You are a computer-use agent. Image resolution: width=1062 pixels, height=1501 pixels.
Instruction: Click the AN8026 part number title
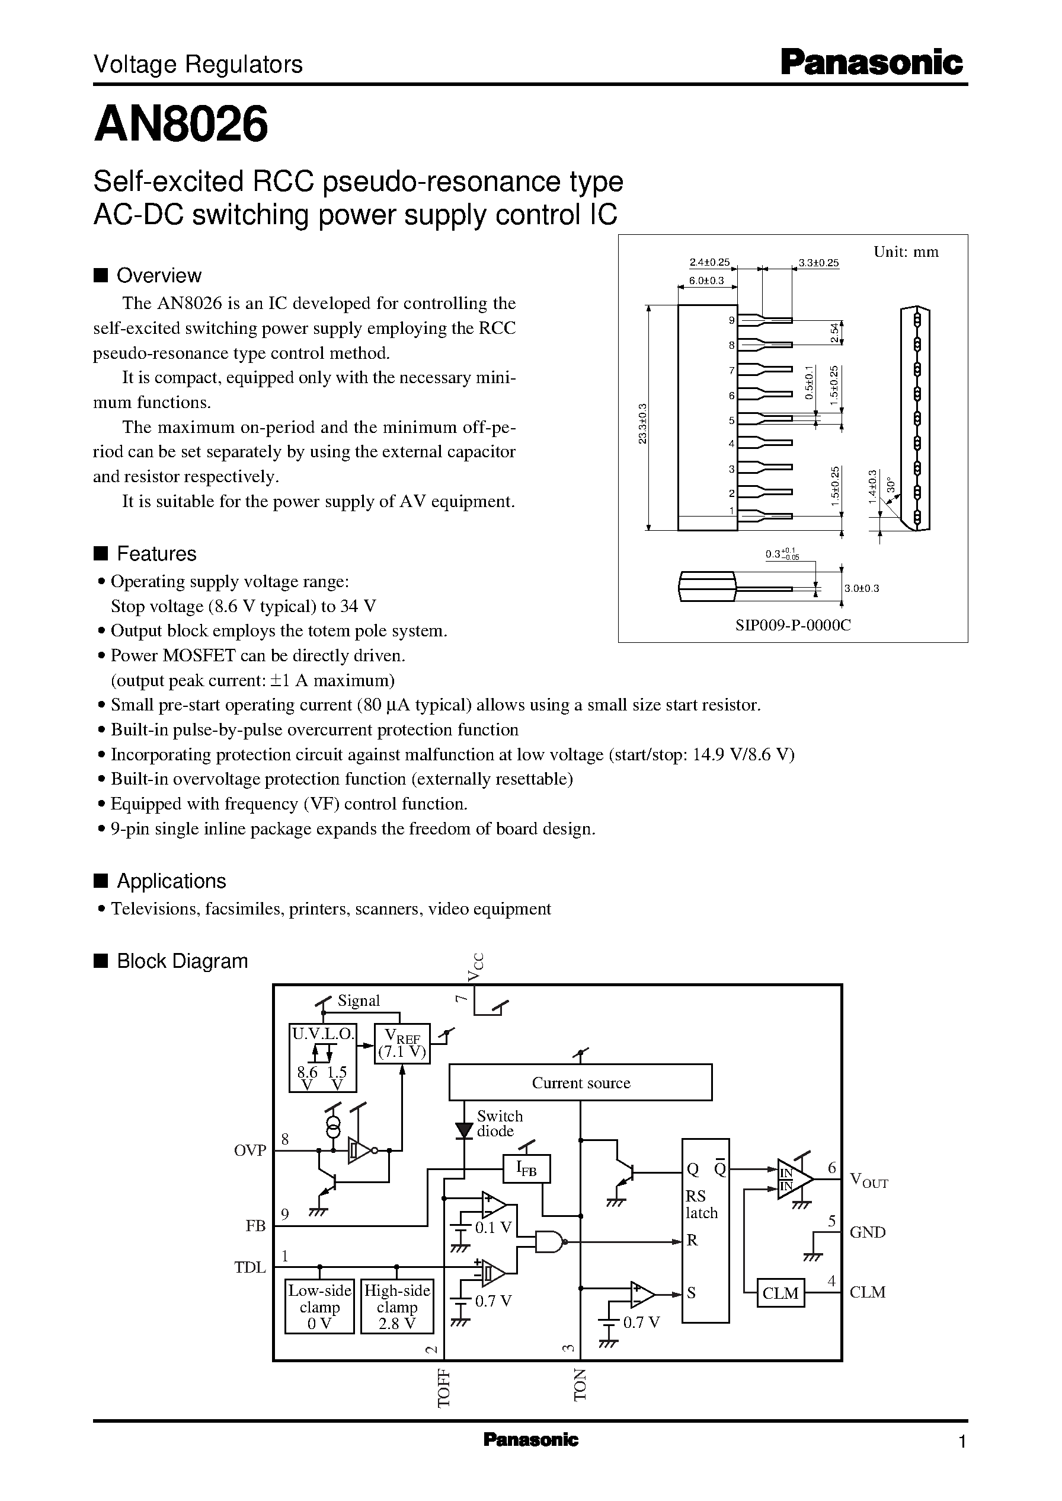(181, 125)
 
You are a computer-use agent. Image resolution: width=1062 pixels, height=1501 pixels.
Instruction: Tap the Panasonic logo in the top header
(872, 63)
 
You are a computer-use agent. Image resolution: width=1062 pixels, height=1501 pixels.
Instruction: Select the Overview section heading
(158, 275)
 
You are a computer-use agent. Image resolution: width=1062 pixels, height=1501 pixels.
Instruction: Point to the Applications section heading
(171, 881)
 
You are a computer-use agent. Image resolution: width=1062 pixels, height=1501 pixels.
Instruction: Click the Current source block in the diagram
(580, 1083)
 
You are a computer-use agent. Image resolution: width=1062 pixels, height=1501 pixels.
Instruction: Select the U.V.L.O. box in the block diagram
(323, 1058)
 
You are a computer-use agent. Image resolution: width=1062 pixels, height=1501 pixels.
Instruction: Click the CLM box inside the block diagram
(780, 1293)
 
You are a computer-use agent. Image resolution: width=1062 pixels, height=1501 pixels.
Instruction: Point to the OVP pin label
(250, 1151)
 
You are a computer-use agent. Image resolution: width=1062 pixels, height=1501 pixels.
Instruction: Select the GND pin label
(867, 1232)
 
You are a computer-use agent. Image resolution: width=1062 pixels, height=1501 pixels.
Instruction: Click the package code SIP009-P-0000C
(792, 625)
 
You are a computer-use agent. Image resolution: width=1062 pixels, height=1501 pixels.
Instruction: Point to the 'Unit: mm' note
(906, 252)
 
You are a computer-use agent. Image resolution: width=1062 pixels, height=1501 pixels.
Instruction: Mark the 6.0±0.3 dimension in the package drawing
(706, 281)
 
